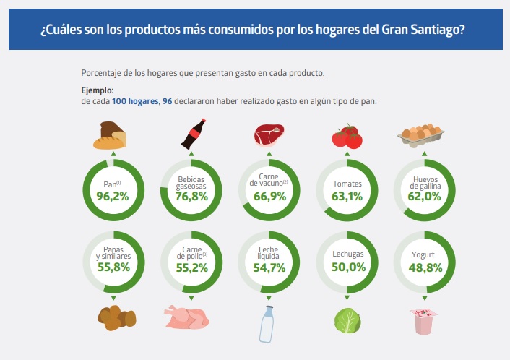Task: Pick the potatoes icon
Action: coord(116,316)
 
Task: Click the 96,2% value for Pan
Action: coord(112,196)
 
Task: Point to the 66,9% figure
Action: coord(269,197)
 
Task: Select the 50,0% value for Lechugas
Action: coord(347,267)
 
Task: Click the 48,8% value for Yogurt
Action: coord(425,267)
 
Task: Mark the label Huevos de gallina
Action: coord(425,181)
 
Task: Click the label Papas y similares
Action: coord(112,252)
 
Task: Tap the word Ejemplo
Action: coord(98,90)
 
